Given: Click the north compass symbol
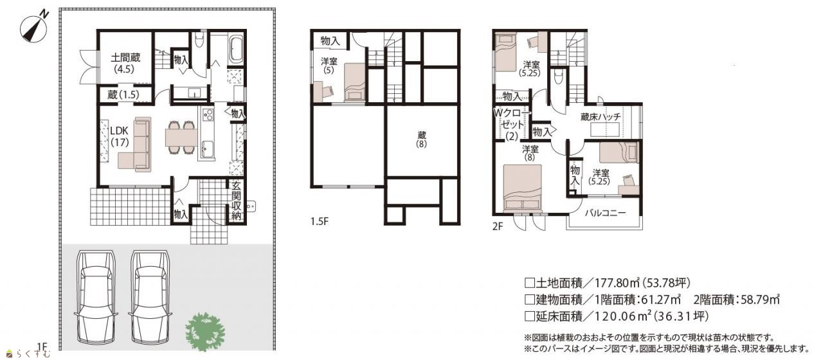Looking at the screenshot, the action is pos(35,27).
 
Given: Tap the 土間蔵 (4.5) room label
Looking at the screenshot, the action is pos(125,63).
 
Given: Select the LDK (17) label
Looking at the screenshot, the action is pos(120,136).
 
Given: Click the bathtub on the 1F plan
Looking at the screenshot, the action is pos(237,50).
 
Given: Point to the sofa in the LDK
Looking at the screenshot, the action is pos(136,145).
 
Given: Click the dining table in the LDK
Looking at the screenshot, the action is pos(181,138).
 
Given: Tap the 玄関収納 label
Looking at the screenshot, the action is pos(236,201).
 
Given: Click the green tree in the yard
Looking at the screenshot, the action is pos(205,331).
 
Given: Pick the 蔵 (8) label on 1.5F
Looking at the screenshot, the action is pos(421,139).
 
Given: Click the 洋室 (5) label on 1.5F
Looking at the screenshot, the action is pos(329,66).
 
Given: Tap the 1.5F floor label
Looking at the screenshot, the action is pos(320,222).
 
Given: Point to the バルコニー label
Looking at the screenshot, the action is pos(605,213).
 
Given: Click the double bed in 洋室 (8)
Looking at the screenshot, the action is pos(523,189).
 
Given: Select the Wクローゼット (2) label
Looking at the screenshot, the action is pos(512,125).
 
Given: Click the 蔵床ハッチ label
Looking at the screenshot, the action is pos(601,117).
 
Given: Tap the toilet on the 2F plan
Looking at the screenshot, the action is pos(558,76).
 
